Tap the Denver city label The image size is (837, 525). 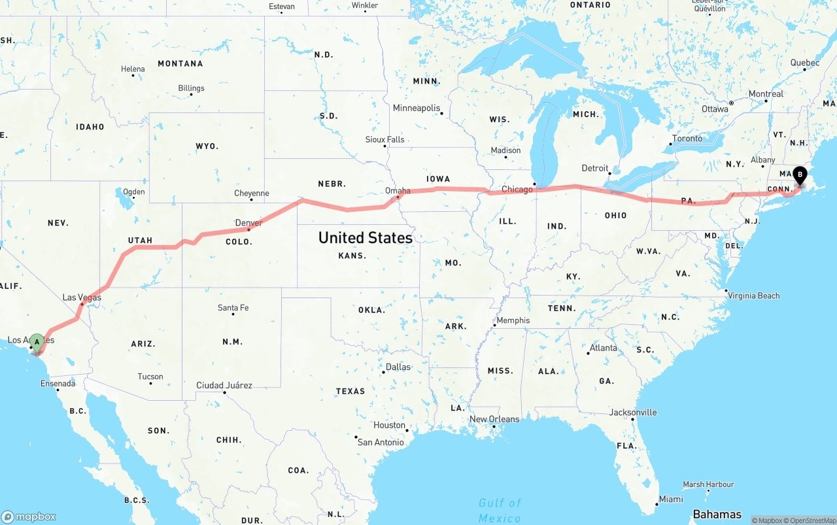point(248,223)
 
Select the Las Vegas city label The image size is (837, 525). point(82,297)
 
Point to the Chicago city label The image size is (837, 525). point(517,190)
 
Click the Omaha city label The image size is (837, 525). point(398,191)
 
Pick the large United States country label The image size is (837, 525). point(365,237)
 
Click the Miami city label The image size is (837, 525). point(671,499)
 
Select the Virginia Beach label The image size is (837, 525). point(754,296)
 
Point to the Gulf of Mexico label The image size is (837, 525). point(500,510)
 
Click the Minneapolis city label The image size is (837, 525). point(417,108)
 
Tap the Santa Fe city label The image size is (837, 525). point(233,307)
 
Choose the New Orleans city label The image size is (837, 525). point(494,419)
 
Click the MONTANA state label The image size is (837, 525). point(180,63)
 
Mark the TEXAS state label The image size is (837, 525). point(350,391)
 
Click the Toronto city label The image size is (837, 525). point(687,139)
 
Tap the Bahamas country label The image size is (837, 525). point(717,514)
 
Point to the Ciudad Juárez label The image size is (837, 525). point(224,385)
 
